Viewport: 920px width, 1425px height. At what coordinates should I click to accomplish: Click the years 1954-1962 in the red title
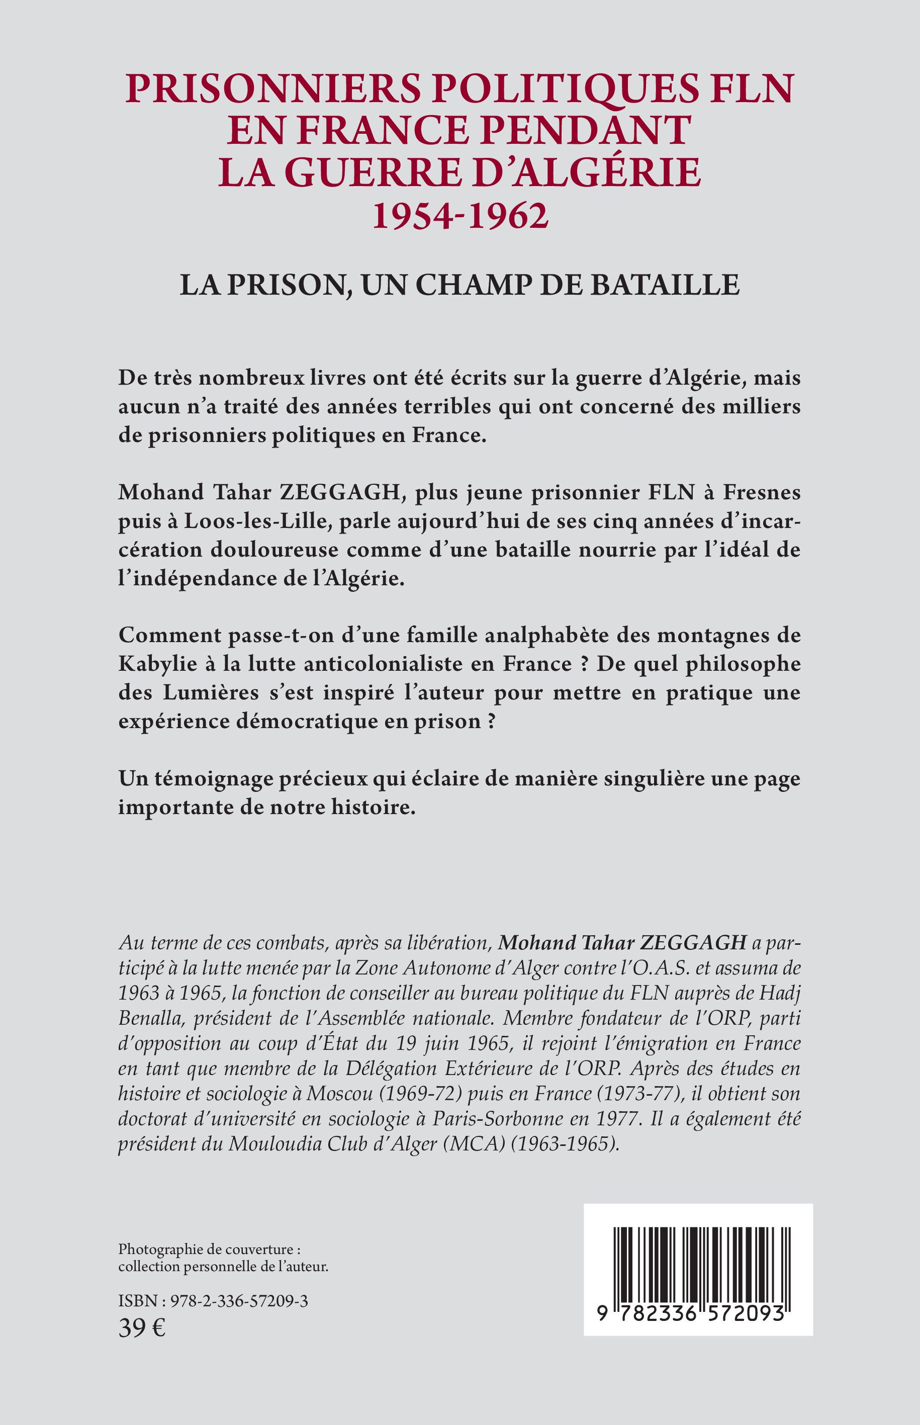tap(460, 216)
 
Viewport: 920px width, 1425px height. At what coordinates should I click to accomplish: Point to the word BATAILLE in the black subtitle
tap(665, 285)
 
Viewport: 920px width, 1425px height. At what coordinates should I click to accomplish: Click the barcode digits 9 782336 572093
tap(690, 1313)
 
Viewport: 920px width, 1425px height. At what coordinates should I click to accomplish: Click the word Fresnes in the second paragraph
tap(762, 492)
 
